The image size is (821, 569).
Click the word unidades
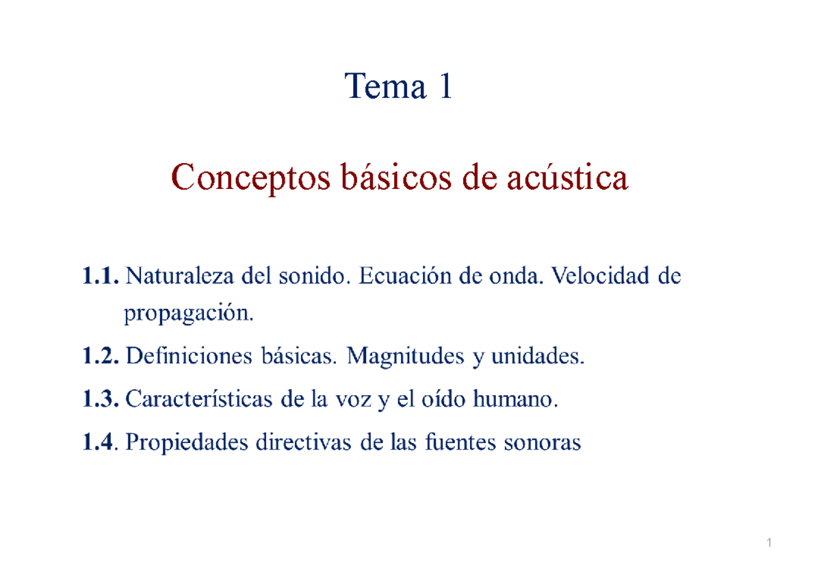pos(540,357)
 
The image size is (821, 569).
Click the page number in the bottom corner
pos(770,544)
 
